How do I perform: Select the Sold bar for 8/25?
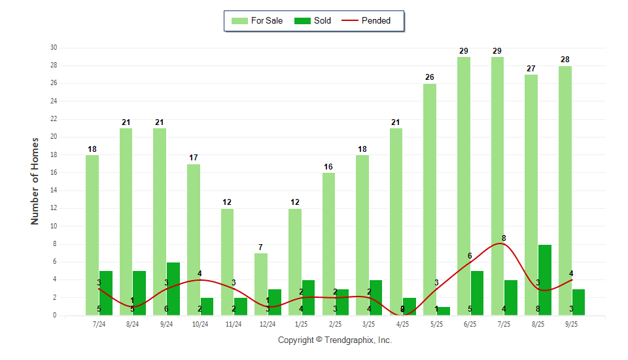pos(544,280)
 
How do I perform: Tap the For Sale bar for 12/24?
pos(261,284)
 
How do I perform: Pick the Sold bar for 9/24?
pos(173,289)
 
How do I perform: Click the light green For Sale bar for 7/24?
pos(92,235)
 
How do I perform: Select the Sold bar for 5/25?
pos(443,311)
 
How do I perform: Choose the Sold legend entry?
pos(313,21)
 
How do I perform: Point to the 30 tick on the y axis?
pos(54,48)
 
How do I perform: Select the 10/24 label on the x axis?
pos(200,324)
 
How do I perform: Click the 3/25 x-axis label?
pos(369,324)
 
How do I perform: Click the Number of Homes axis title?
pos(35,181)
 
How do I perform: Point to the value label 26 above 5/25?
pos(429,77)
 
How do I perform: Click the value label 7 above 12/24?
pos(260,247)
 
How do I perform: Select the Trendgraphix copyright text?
pos(335,340)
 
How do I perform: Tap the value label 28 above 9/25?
pos(565,60)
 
